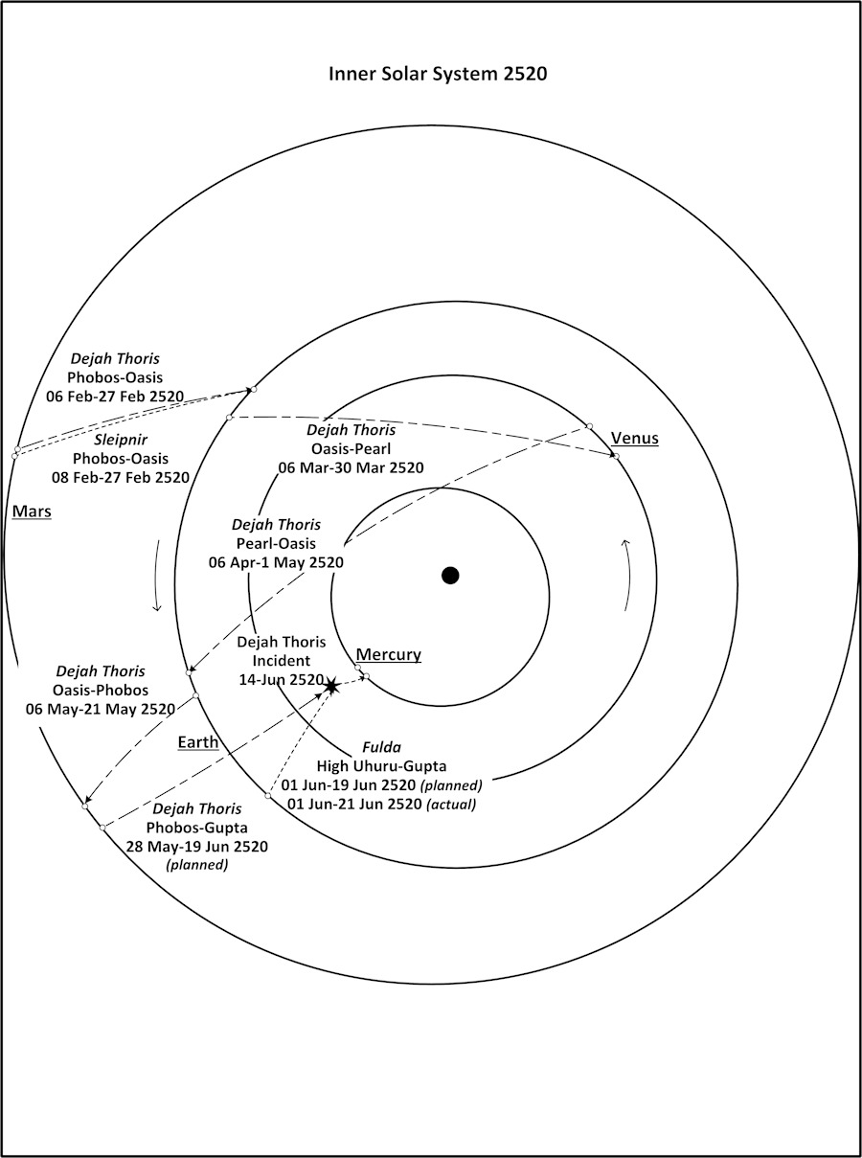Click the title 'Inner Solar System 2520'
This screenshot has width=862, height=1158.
click(x=438, y=75)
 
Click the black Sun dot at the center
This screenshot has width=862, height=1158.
click(x=450, y=575)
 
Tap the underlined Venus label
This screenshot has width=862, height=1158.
click(x=635, y=439)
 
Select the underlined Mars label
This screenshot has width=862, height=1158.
click(x=32, y=511)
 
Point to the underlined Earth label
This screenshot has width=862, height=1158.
click(x=198, y=742)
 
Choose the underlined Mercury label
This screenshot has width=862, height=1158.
click(x=388, y=655)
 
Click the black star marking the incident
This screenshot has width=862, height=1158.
click(x=331, y=687)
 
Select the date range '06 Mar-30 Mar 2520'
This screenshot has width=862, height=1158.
click(x=351, y=467)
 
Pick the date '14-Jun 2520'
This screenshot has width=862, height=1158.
click(x=281, y=679)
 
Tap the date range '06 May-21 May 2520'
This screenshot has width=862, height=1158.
click(x=101, y=709)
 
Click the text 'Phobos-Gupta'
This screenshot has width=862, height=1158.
click(x=196, y=828)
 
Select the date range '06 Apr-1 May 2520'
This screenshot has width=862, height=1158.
click(x=276, y=562)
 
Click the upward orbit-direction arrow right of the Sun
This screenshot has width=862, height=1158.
click(x=626, y=574)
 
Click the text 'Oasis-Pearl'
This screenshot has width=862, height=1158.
click(x=351, y=448)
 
